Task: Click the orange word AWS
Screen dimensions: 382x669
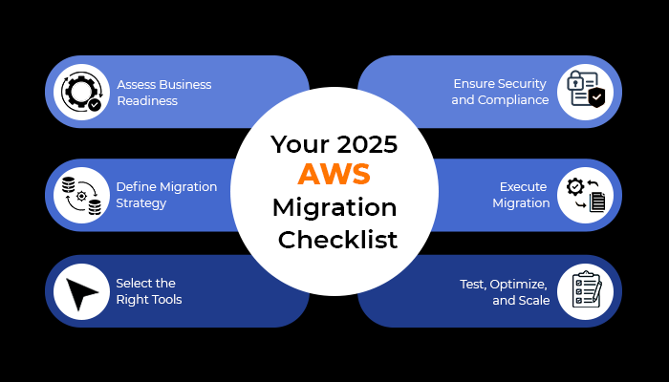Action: pos(334,175)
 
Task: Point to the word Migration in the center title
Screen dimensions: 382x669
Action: pos(334,207)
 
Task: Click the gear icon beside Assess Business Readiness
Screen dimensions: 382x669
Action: pos(81,92)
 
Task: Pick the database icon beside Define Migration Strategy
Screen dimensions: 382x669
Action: pos(81,195)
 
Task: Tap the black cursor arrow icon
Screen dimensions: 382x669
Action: pos(81,290)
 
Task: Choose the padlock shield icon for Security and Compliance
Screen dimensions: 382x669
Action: pos(584,92)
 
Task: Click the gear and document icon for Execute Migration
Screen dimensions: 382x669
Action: pos(584,195)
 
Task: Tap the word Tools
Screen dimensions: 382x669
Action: pos(163,300)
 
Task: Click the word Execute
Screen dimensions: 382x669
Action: pos(525,187)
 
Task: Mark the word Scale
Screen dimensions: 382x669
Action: pos(533,300)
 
